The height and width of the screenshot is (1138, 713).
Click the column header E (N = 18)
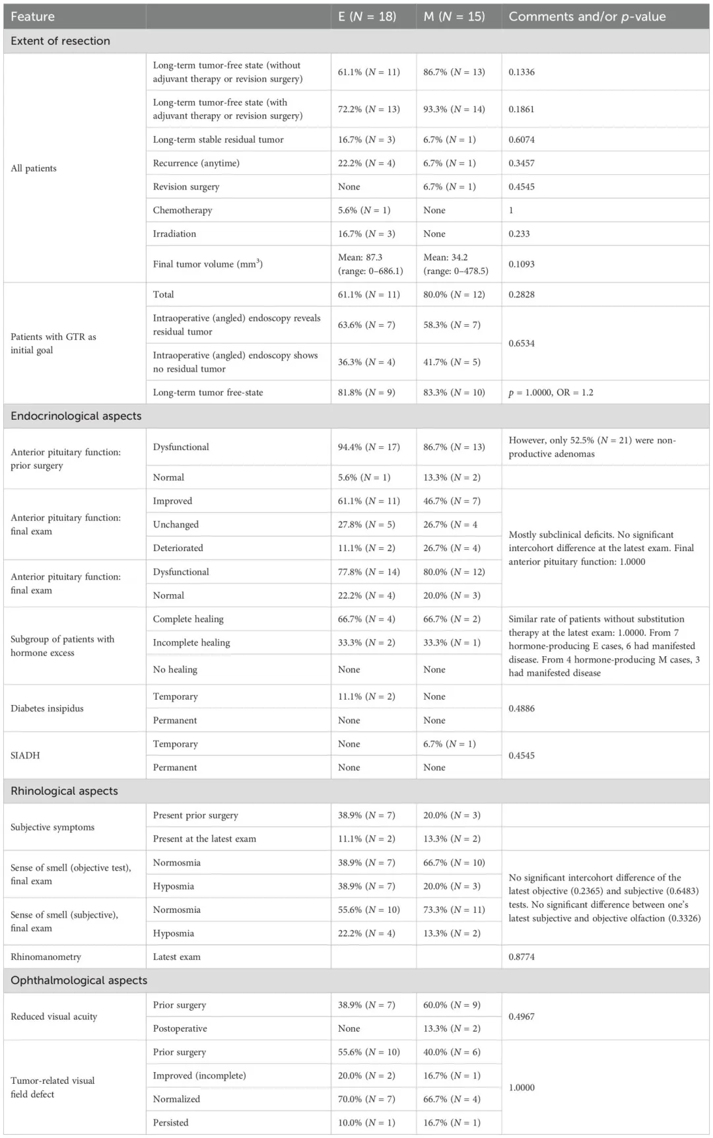click(x=367, y=17)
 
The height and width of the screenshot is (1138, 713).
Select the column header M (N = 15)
click(x=454, y=17)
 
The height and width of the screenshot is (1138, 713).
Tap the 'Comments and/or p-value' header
click(x=587, y=17)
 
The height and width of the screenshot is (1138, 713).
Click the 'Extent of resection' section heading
click(x=61, y=41)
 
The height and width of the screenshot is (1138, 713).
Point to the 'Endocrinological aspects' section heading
click(x=76, y=416)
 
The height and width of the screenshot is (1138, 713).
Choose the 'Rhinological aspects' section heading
click(x=64, y=791)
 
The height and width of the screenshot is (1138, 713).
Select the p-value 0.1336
click(x=522, y=72)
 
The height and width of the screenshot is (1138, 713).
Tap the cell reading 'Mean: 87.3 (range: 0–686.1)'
click(x=370, y=264)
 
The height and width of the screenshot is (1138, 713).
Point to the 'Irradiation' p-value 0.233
click(x=519, y=234)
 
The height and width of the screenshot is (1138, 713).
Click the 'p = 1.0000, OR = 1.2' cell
click(x=551, y=392)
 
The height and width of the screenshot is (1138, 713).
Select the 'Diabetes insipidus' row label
click(x=47, y=708)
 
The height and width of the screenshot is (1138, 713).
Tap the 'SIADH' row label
click(x=25, y=755)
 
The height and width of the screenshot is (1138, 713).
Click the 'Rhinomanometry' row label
click(x=46, y=956)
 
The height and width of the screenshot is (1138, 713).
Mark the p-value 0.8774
click(x=522, y=956)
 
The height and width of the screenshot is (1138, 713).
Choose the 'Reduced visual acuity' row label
click(x=53, y=1017)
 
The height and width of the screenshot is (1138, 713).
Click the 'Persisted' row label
click(x=170, y=1122)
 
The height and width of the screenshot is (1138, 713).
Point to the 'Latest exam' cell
click(x=177, y=956)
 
